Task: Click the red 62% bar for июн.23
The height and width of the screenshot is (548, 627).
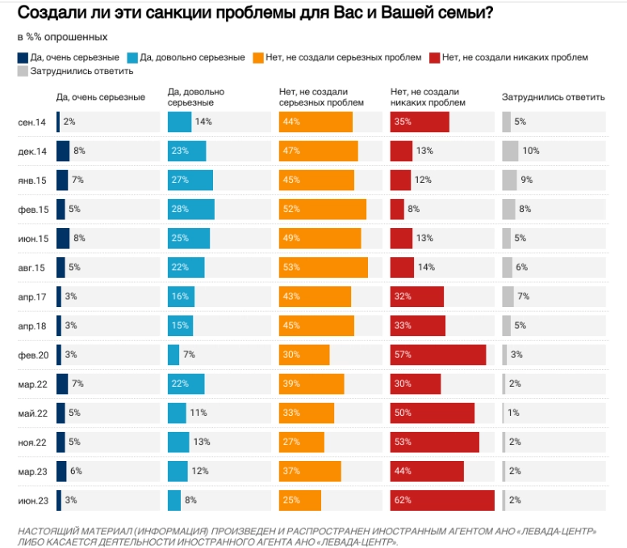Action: point(442,500)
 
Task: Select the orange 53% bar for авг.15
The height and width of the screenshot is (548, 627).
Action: point(324,267)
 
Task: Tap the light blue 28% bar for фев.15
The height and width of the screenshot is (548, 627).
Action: point(191,209)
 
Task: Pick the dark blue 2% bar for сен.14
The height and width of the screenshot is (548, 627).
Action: point(59,122)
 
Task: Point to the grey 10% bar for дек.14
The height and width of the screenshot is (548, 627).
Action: point(510,151)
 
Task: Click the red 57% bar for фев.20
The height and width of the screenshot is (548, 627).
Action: point(438,355)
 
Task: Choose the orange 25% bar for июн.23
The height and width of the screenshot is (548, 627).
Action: point(300,500)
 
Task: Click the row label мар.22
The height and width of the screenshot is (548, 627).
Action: point(32,384)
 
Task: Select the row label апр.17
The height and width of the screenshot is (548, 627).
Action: point(32,297)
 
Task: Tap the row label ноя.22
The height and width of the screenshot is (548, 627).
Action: point(32,442)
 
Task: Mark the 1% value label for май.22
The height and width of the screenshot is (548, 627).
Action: point(513,413)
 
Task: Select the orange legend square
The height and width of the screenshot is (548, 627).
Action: point(257,57)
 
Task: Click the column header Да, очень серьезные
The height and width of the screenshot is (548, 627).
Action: point(101,98)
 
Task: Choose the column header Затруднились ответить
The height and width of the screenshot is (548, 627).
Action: point(553,98)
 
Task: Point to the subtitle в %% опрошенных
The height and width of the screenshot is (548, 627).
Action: point(61,37)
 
